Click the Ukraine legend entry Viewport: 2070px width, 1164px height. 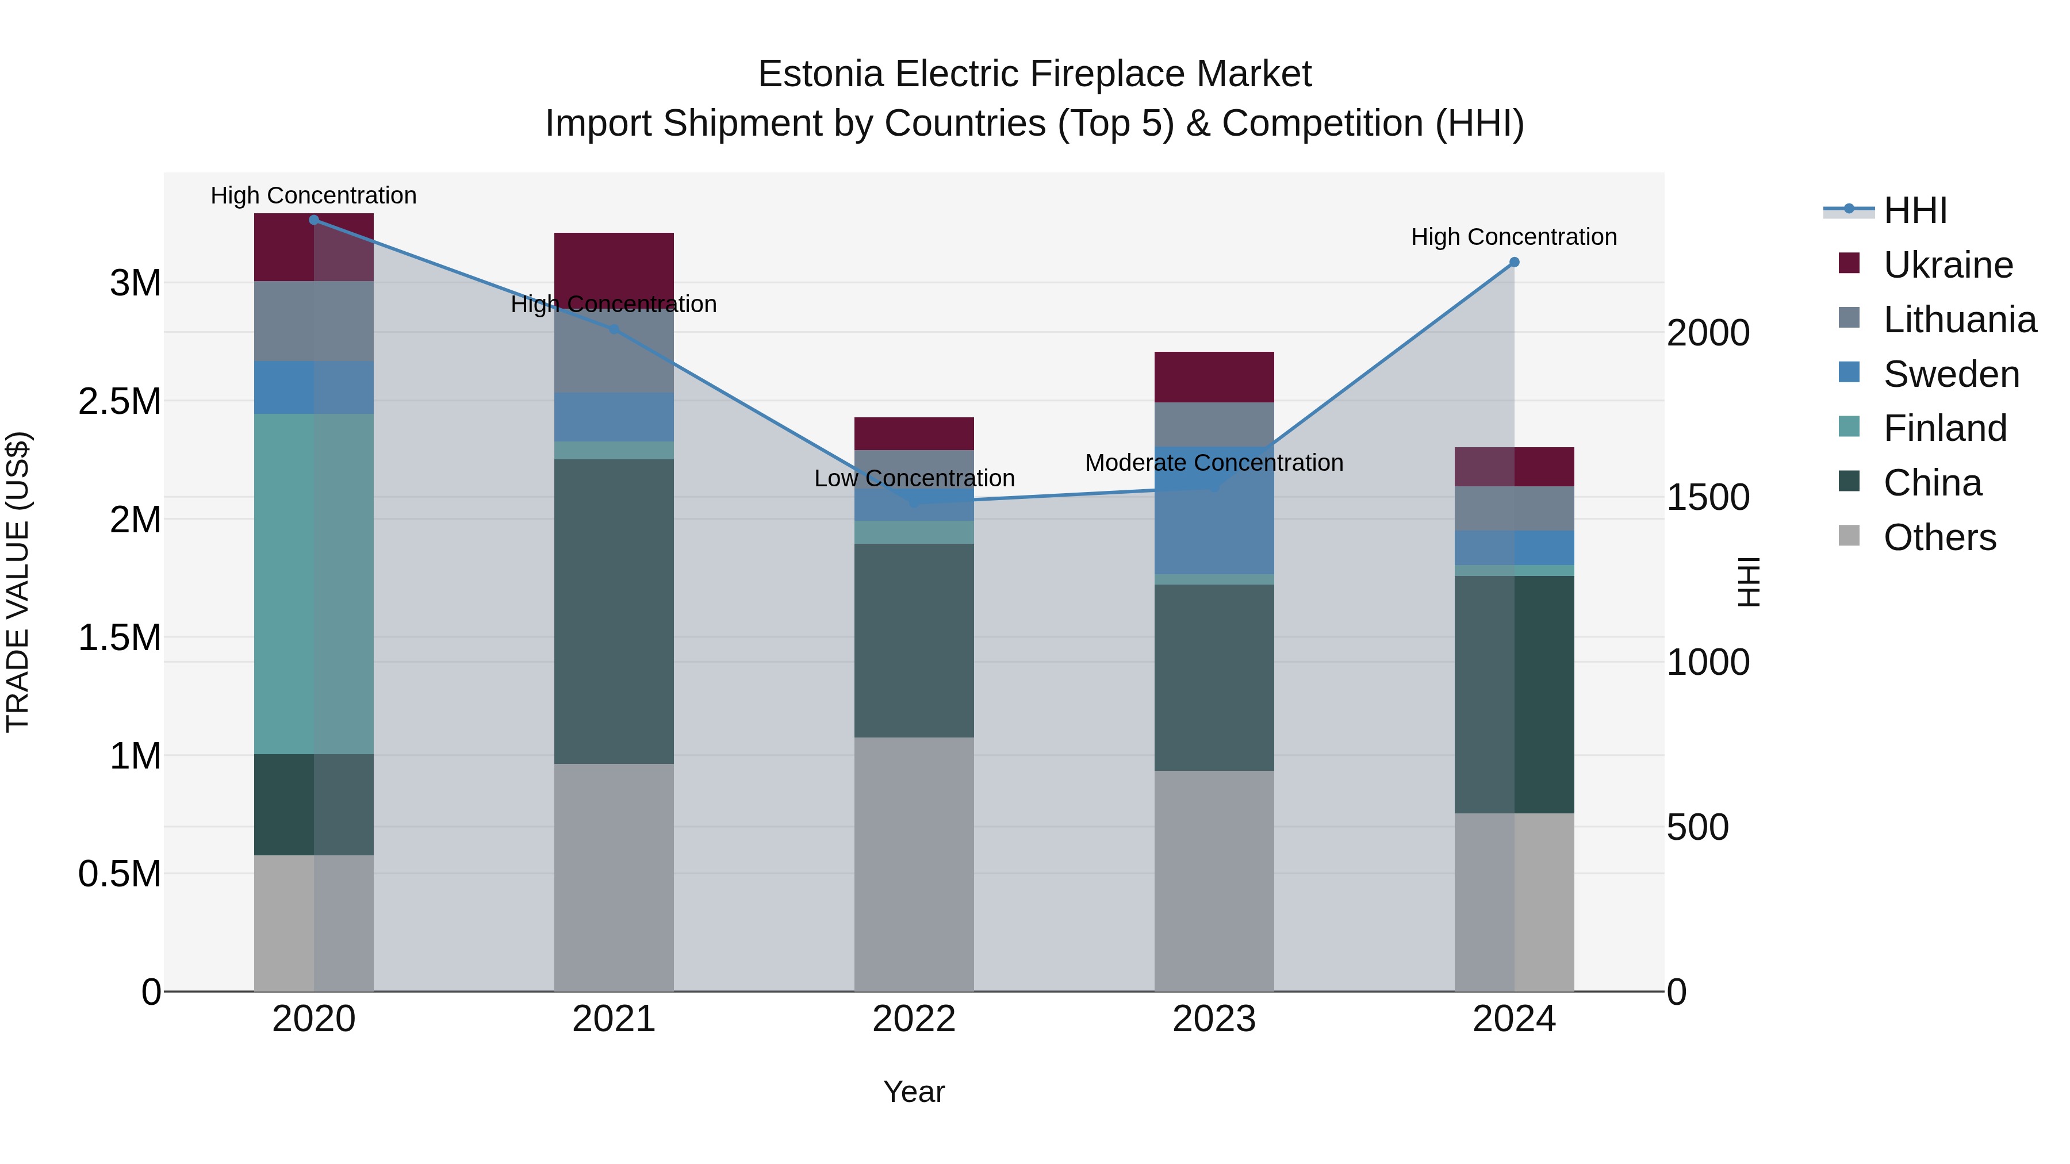pyautogui.click(x=1947, y=265)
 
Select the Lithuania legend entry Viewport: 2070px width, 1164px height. pyautogui.click(x=1959, y=320)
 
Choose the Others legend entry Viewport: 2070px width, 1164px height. pyautogui.click(x=1939, y=537)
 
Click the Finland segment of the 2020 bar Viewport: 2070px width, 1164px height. pyautogui.click(x=313, y=584)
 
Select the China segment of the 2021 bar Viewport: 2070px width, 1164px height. pyautogui.click(x=614, y=610)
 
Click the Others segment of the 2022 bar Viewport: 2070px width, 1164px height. pyautogui.click(x=914, y=863)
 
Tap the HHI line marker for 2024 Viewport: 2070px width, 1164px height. pyautogui.click(x=1514, y=262)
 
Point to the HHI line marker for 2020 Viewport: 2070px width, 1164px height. pyautogui.click(x=313, y=220)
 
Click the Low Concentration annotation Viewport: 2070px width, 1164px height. pyautogui.click(x=914, y=478)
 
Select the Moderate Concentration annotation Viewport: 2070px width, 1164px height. pyautogui.click(x=1213, y=463)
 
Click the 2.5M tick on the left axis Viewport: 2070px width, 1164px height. pyautogui.click(x=120, y=401)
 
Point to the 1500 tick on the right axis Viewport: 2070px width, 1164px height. pyautogui.click(x=1708, y=497)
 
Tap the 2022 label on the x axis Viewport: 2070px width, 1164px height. pyautogui.click(x=914, y=1019)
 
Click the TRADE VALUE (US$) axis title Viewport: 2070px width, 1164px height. pyautogui.click(x=18, y=582)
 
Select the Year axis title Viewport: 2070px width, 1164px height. pyautogui.click(x=914, y=1092)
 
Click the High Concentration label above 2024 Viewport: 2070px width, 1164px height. pyautogui.click(x=1514, y=237)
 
